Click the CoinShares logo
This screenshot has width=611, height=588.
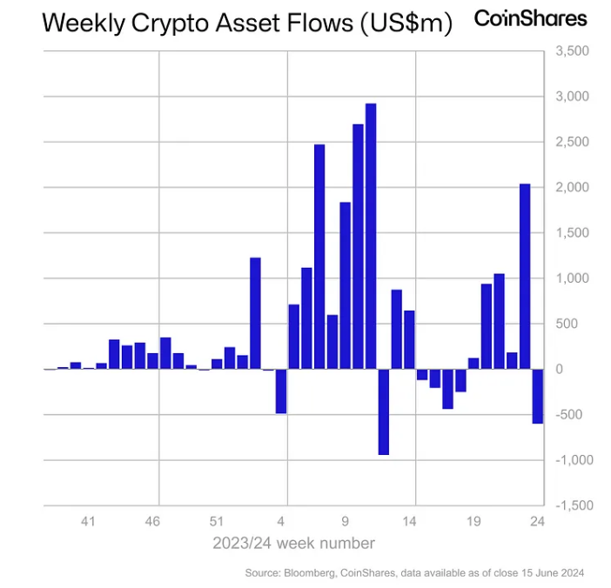pos(530,18)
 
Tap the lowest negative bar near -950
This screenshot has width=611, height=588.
pos(383,411)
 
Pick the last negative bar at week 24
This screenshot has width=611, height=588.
pos(538,396)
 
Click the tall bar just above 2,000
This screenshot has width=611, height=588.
pos(525,277)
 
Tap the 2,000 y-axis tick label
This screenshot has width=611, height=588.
pos(571,188)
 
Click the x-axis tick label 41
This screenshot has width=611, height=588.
pos(88,522)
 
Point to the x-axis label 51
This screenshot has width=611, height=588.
pos(217,522)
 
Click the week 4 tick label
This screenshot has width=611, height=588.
pos(281,522)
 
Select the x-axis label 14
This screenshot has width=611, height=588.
pos(409,522)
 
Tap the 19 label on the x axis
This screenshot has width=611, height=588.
pos(473,522)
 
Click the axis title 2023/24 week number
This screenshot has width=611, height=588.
pos(294,544)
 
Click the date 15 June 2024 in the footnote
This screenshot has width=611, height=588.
pos(553,573)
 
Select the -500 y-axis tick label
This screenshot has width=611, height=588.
pos(569,415)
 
